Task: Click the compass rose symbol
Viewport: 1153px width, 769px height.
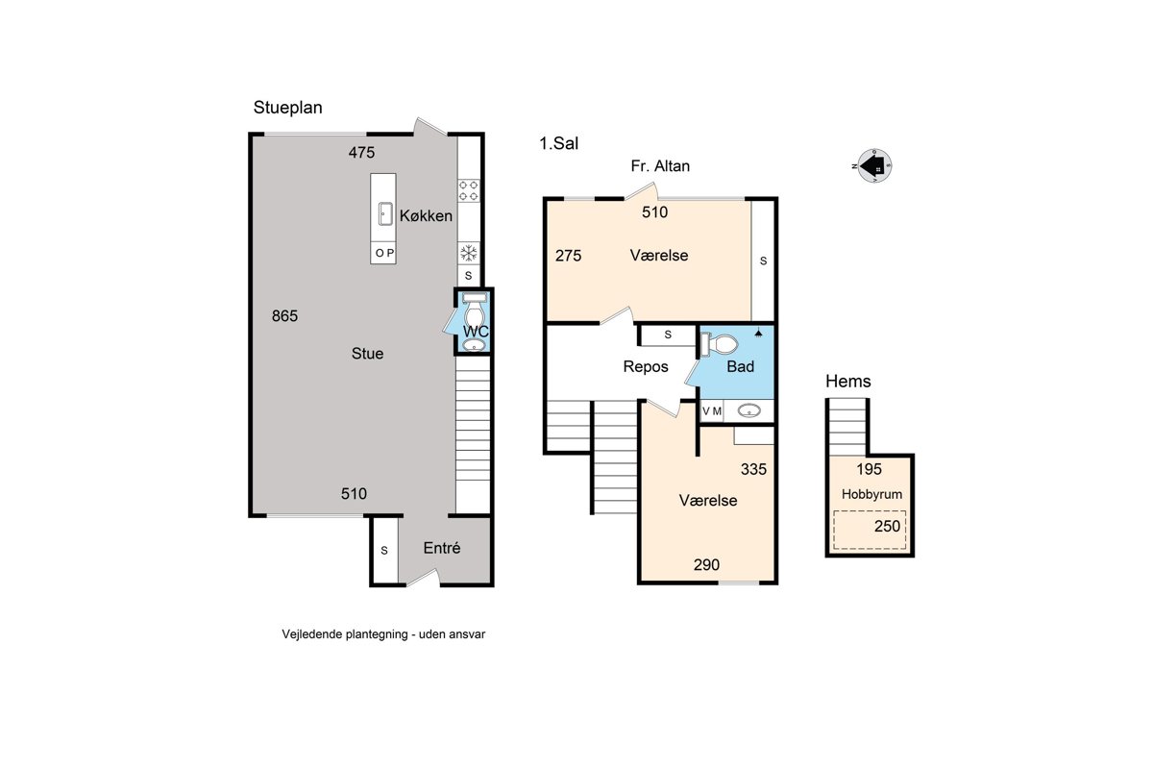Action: [x=873, y=166]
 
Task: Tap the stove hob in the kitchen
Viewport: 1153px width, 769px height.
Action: [x=469, y=190]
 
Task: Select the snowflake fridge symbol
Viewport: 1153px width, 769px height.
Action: [x=469, y=253]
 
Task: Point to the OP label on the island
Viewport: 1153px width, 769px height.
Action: [x=384, y=253]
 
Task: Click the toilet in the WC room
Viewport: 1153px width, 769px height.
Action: [x=474, y=310]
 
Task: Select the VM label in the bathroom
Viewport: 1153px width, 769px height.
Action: [x=712, y=411]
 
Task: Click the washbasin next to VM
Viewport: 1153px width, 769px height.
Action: [x=748, y=411]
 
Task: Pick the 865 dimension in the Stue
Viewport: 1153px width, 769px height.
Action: [x=284, y=315]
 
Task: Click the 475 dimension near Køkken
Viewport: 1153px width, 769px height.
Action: [x=361, y=153]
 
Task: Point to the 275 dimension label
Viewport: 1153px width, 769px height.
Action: [x=568, y=256]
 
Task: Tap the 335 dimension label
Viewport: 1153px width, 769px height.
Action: [x=753, y=469]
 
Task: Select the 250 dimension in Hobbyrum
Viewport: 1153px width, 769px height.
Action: [x=888, y=527]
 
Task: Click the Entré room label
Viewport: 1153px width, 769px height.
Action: [x=442, y=548]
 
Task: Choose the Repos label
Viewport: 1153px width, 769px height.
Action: [x=646, y=367]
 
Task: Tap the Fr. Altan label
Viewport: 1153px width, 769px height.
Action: [x=660, y=166]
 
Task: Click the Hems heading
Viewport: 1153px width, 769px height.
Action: [x=848, y=382]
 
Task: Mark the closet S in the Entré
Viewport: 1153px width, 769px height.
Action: [x=384, y=551]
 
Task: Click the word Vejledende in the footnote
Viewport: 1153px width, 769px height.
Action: [x=312, y=634]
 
